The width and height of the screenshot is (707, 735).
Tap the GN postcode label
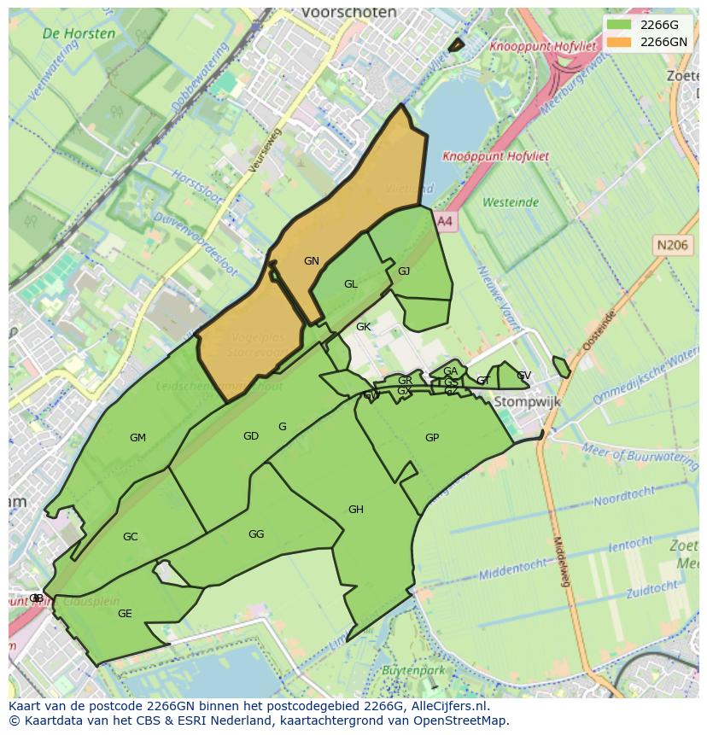point(312,261)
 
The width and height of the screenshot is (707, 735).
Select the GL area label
point(351,284)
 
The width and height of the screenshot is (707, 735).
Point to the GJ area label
point(404,271)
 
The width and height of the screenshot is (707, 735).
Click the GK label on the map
point(364,327)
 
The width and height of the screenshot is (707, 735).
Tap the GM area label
point(137,438)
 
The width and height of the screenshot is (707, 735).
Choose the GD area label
point(251,436)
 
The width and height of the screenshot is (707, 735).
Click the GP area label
point(432,438)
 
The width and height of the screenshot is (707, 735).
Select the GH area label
point(356,510)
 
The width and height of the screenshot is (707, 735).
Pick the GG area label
point(256,534)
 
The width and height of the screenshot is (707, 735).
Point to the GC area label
point(131,537)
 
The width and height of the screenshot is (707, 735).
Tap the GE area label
point(125,614)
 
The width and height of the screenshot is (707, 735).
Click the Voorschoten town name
point(349,13)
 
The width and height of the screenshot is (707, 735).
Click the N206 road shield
point(672,245)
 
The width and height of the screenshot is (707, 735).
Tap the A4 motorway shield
point(445,221)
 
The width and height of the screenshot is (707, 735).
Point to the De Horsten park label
point(79,34)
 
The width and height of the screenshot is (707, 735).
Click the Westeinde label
point(511,202)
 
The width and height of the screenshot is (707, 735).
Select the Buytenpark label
point(414,670)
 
